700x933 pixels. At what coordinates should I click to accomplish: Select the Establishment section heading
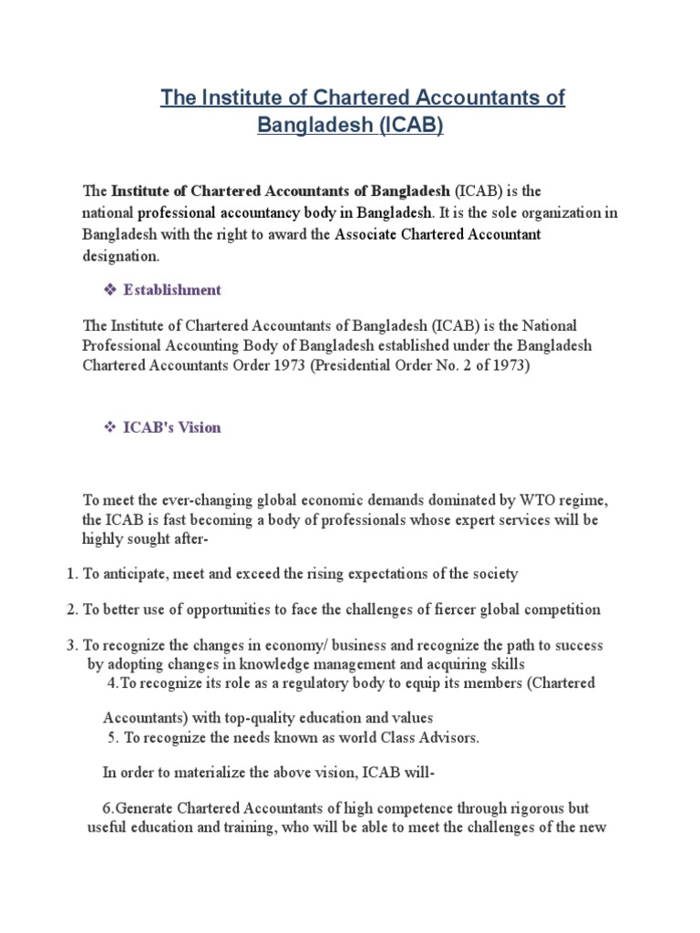(x=172, y=290)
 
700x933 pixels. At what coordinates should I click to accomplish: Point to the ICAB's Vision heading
(x=172, y=427)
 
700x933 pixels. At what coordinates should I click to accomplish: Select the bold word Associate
(x=365, y=234)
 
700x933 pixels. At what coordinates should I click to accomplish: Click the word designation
(x=120, y=256)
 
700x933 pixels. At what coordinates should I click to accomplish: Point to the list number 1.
(x=72, y=574)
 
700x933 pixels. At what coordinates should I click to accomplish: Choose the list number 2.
(x=72, y=609)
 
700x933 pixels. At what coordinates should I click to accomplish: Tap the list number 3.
(x=72, y=645)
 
